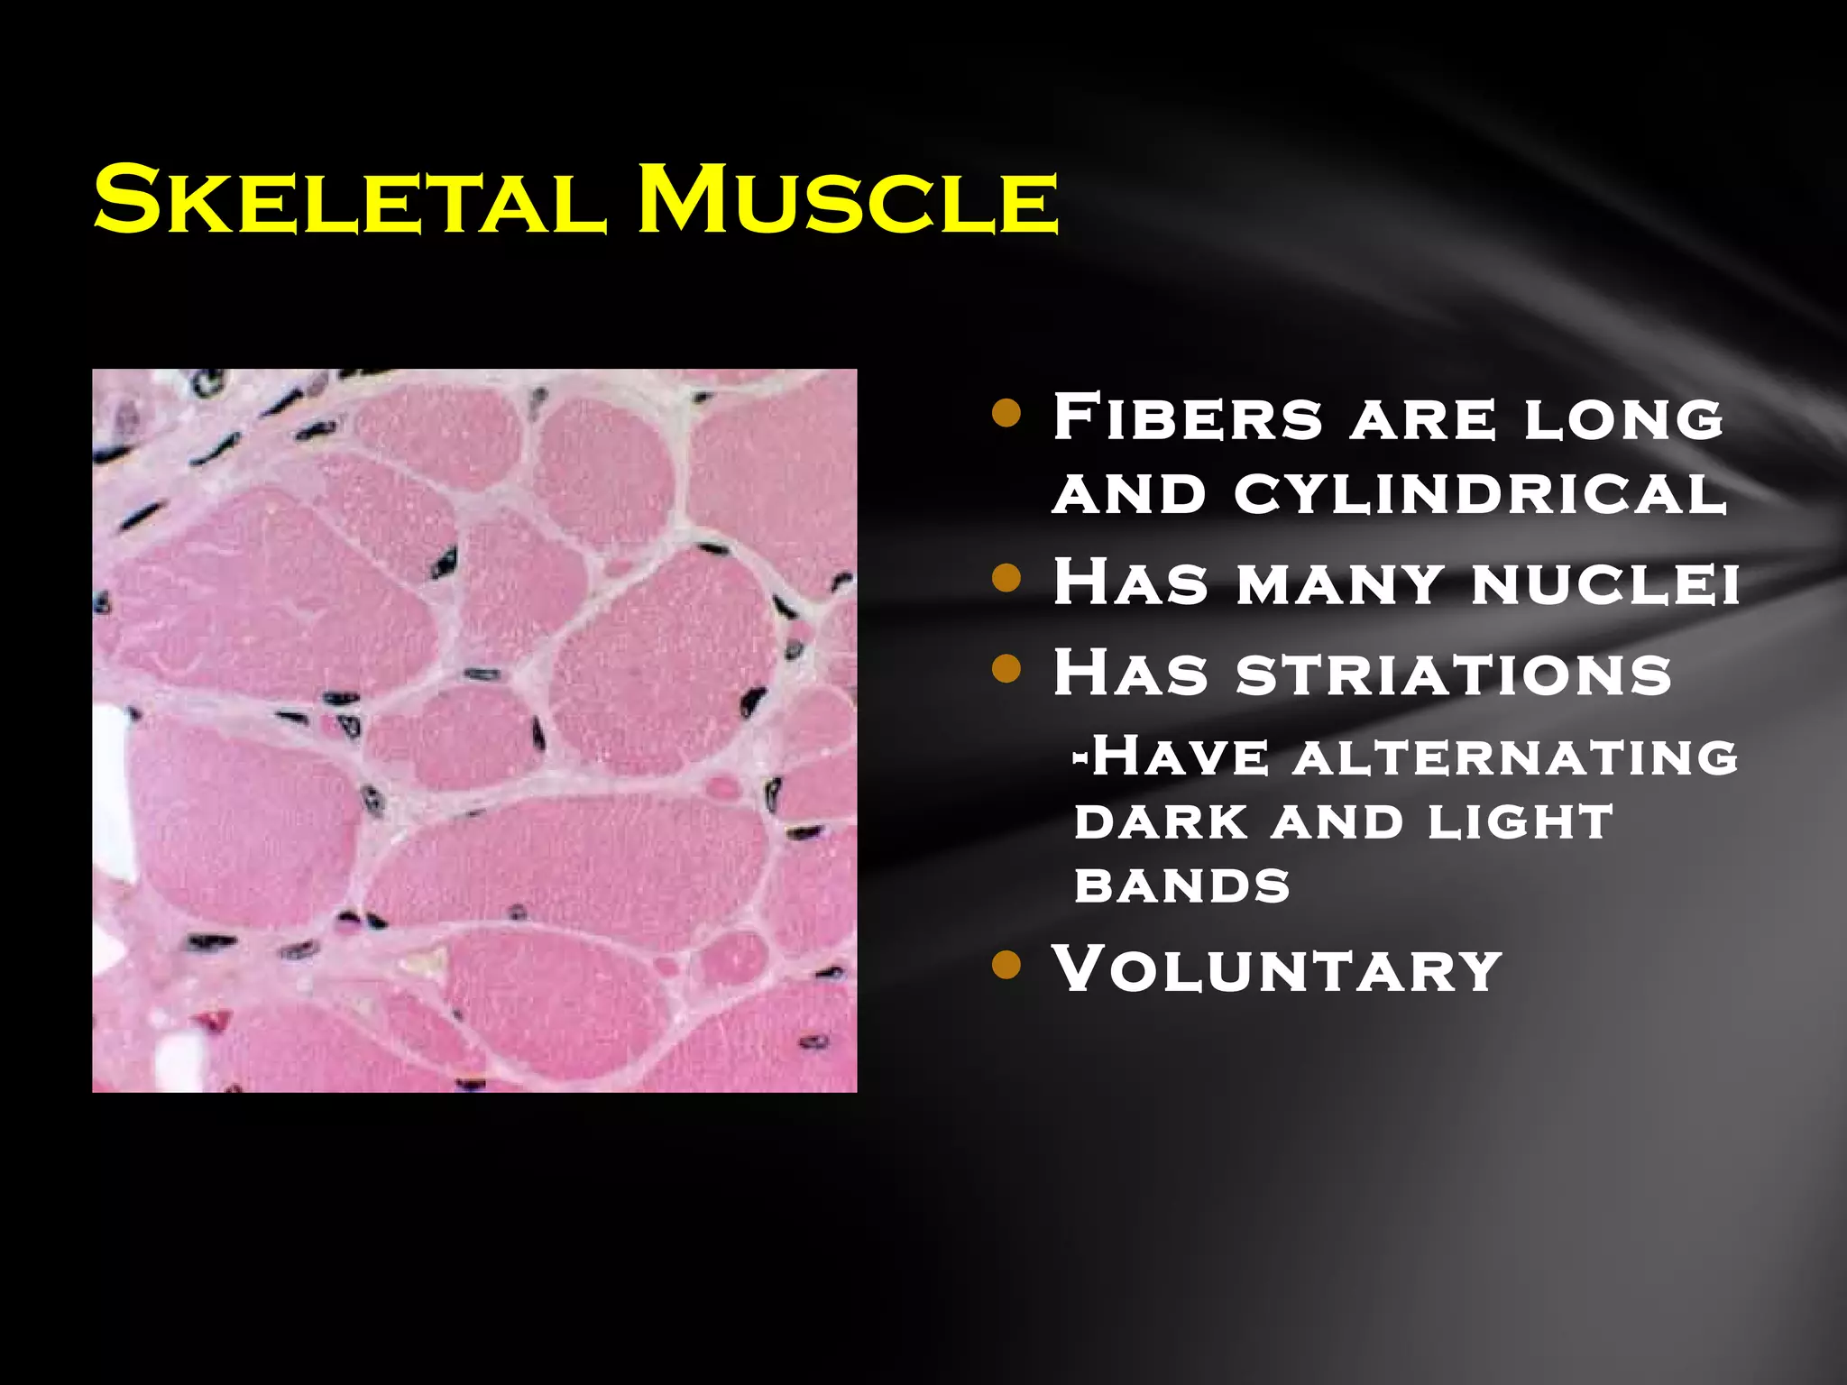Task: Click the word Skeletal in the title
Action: click(x=346, y=200)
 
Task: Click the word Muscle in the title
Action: click(x=847, y=200)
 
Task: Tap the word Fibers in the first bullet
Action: click(x=1187, y=417)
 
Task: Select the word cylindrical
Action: click(x=1479, y=494)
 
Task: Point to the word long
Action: click(x=1623, y=420)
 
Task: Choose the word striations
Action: click(x=1453, y=674)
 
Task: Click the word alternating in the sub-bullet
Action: click(x=1514, y=757)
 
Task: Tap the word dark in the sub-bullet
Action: click(x=1162, y=821)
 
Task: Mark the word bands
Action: click(x=1182, y=885)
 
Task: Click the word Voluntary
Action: click(x=1276, y=970)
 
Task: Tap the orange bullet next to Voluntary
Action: click(x=1006, y=966)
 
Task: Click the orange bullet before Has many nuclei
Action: click(x=1006, y=578)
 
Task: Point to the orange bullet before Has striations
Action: click(x=1006, y=669)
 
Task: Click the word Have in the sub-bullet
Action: click(x=1181, y=757)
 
